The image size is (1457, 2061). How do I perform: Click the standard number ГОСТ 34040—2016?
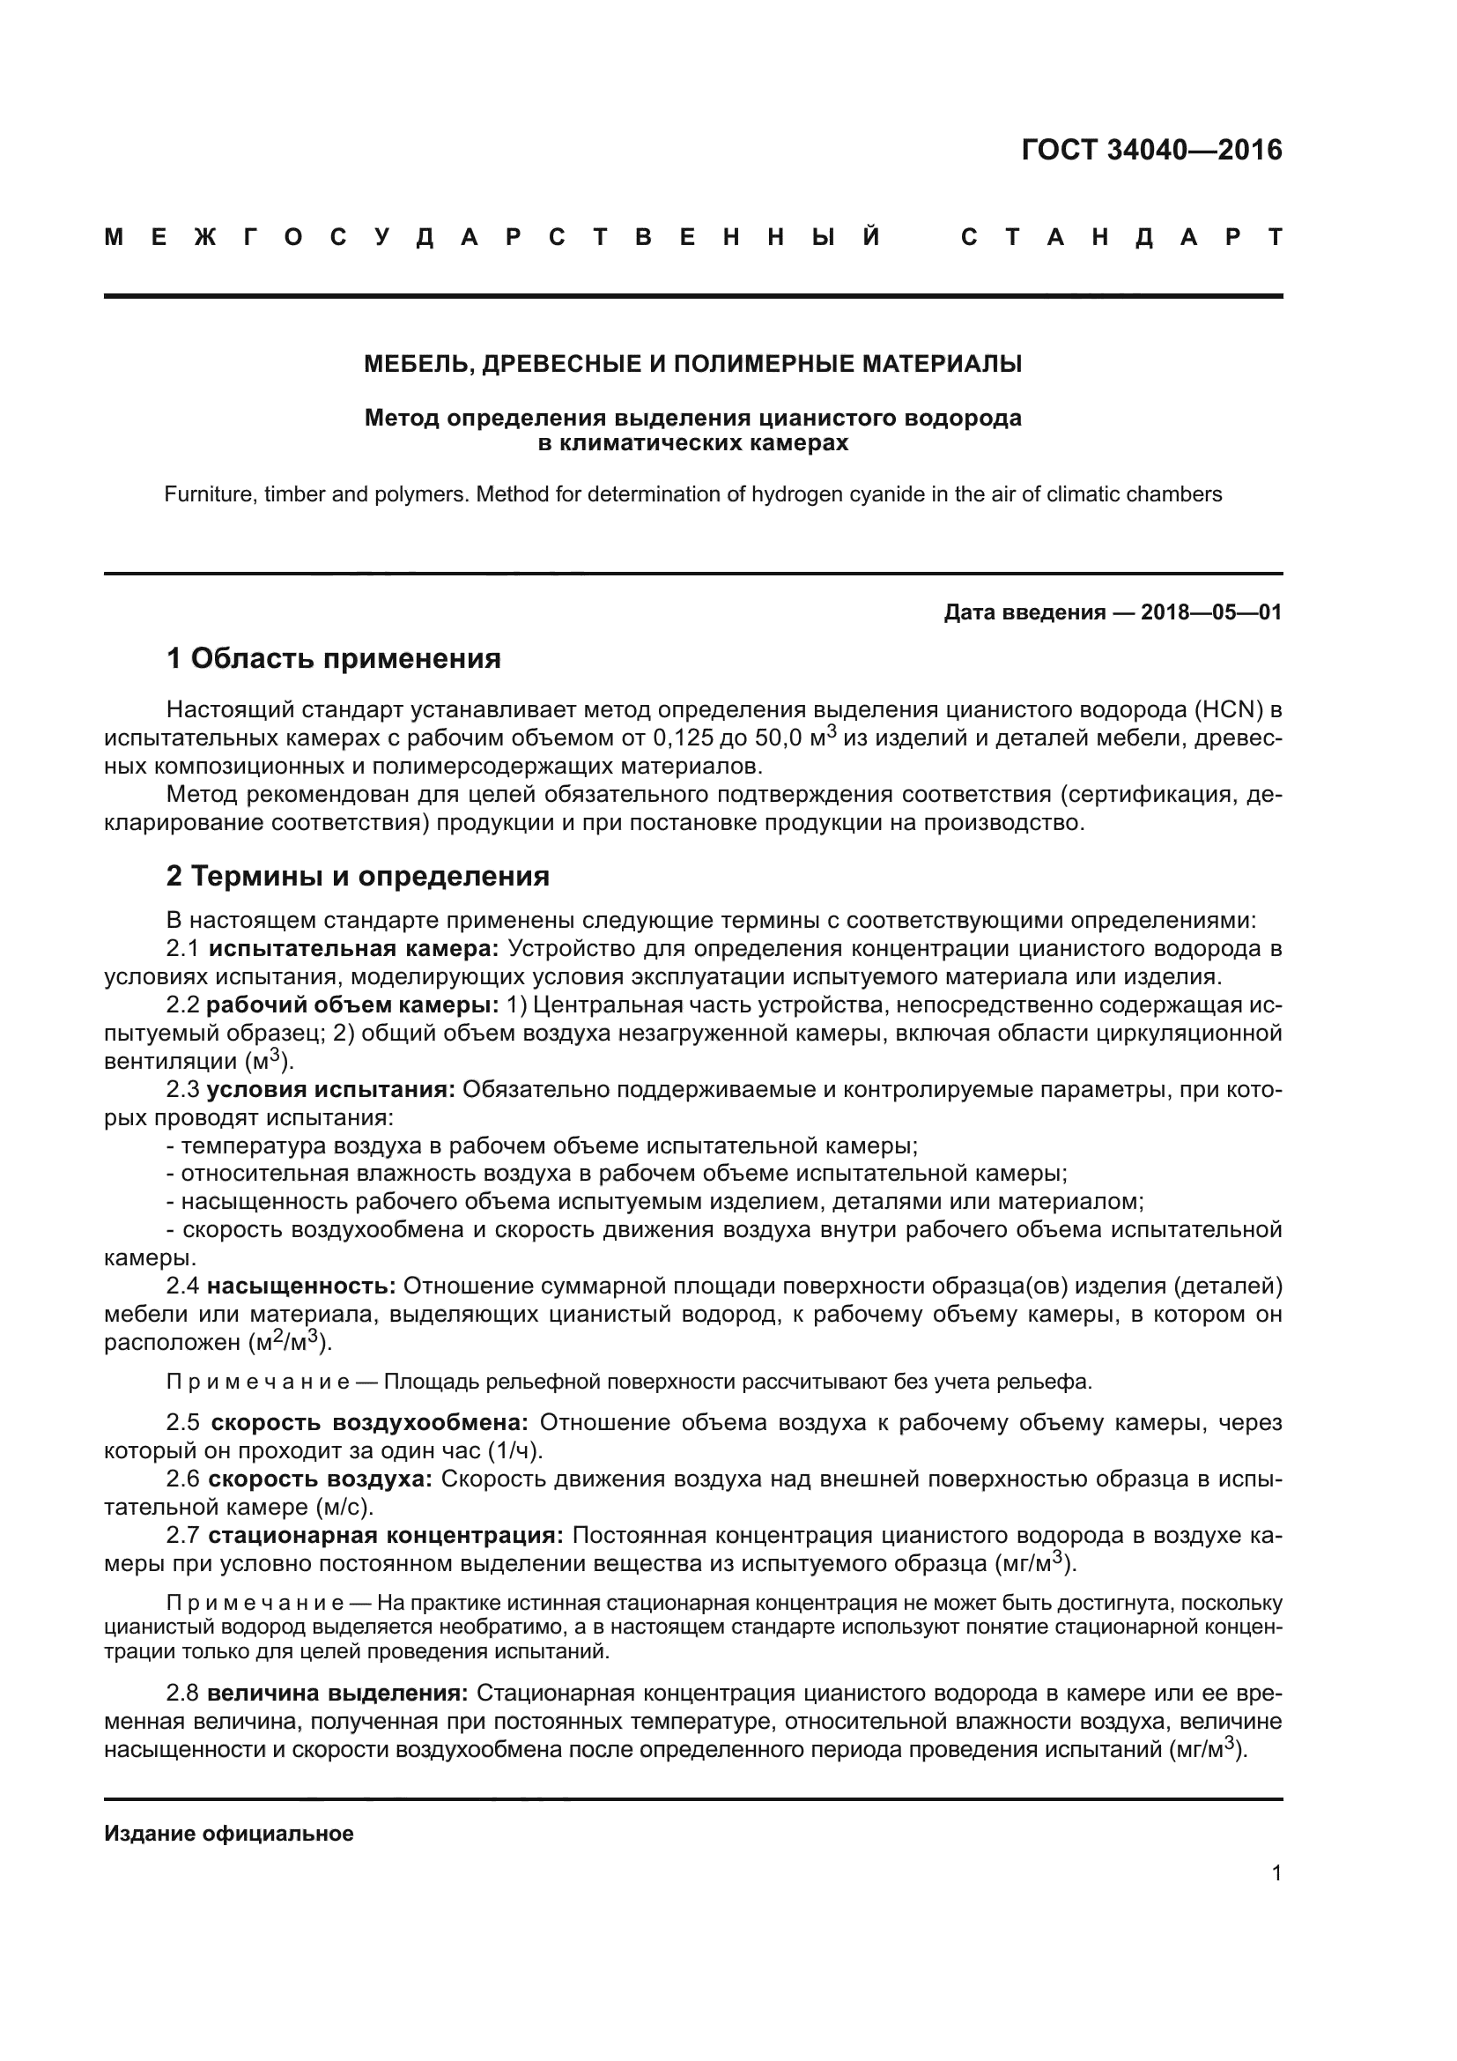[1151, 150]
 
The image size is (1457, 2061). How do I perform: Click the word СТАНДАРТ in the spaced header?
[1120, 237]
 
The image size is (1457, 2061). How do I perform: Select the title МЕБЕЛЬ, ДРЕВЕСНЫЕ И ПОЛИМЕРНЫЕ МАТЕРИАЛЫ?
[692, 365]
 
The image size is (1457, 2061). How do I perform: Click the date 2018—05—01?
[1211, 613]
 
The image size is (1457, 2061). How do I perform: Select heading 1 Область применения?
[333, 659]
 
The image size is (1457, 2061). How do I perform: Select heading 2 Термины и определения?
[357, 876]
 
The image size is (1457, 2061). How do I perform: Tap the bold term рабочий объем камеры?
[353, 1005]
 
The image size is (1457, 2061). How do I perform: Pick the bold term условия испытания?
[331, 1090]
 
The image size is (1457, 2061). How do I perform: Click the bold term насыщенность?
[301, 1286]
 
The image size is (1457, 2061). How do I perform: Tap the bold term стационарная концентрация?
[386, 1536]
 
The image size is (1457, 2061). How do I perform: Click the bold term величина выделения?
[337, 1694]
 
